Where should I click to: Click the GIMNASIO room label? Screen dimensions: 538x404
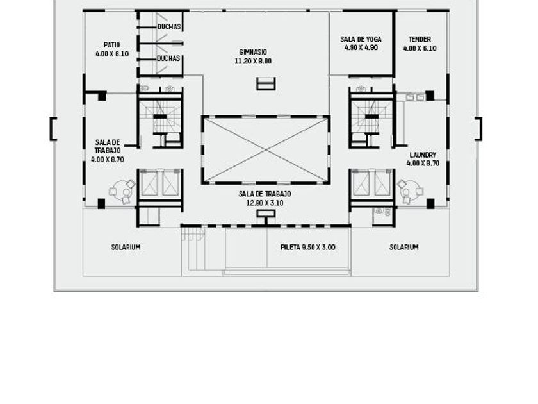(253, 52)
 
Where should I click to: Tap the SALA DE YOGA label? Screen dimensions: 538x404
(361, 40)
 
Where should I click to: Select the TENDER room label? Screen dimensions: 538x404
(420, 40)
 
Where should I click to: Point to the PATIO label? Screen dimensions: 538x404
(112, 45)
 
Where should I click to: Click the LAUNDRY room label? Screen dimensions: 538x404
(423, 155)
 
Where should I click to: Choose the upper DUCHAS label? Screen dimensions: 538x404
(169, 27)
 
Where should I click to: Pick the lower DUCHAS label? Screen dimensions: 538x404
(168, 58)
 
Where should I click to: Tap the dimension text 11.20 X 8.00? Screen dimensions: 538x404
(253, 61)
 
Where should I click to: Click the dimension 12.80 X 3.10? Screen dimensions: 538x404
(265, 203)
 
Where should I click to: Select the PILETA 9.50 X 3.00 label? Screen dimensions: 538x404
(308, 248)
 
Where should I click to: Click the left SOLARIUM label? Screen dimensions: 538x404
(126, 248)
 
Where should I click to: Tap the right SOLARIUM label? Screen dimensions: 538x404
(404, 248)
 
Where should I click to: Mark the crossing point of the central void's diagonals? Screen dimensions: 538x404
(266, 150)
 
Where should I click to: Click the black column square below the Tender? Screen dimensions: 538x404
(430, 96)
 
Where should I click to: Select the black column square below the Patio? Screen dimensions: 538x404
(102, 96)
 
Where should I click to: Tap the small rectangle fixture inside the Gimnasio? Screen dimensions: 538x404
(266, 84)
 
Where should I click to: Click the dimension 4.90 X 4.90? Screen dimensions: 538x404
(361, 47)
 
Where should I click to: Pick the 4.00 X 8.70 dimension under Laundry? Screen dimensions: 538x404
(423, 164)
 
